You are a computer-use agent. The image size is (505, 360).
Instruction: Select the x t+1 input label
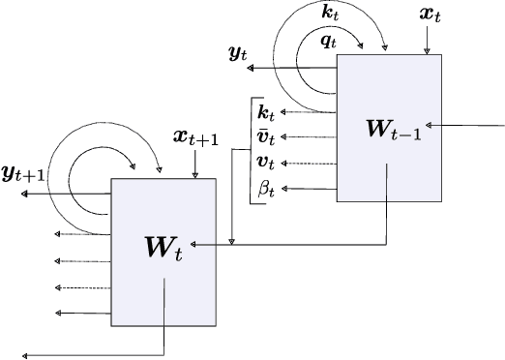196,138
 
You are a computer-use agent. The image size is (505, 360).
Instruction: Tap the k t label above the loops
331,12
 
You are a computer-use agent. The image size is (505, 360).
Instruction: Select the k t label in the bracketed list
265,114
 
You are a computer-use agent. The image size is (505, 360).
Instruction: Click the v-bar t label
265,137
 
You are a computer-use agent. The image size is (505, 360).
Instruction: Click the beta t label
265,188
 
